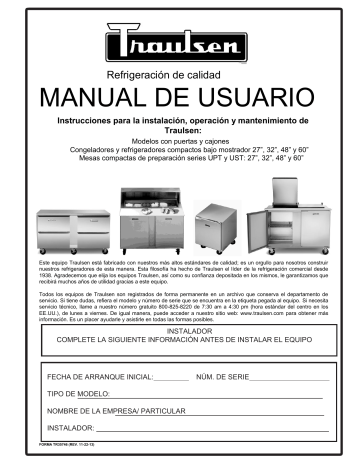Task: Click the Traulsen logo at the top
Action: (x=180, y=44)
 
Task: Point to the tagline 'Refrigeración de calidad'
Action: (x=179, y=74)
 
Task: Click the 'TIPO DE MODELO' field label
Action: (x=78, y=393)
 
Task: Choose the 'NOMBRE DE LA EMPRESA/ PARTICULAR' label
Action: (x=118, y=410)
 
